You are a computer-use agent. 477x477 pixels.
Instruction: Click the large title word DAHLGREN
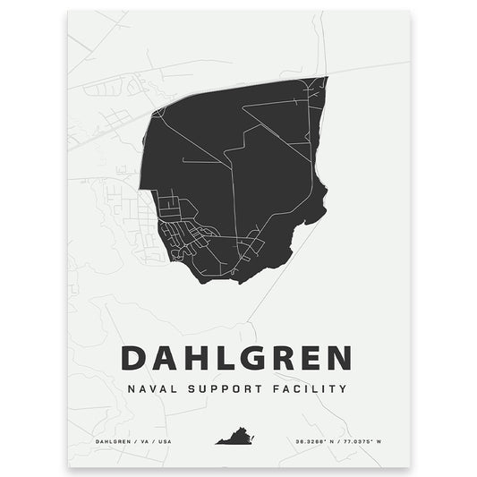[235, 358]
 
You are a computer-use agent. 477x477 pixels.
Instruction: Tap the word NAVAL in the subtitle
[148, 390]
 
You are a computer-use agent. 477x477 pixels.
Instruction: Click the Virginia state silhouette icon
[234, 439]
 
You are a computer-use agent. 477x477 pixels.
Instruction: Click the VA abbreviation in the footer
[139, 439]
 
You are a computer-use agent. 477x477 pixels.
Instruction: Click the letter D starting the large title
[132, 358]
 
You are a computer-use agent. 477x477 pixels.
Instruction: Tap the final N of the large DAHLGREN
[338, 358]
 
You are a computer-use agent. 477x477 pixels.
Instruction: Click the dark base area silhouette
[260, 161]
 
